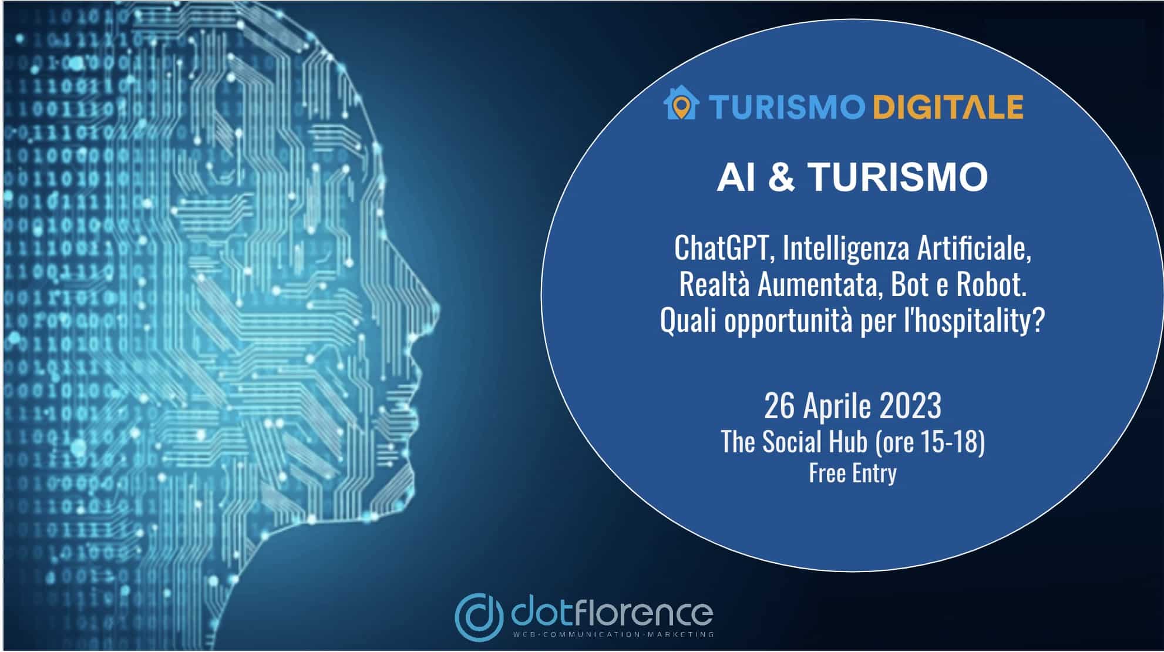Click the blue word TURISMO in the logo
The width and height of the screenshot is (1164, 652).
click(786, 107)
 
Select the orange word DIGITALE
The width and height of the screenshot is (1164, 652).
click(948, 107)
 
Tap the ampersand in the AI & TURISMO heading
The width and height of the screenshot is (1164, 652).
click(781, 176)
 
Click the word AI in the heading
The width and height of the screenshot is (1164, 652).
click(736, 176)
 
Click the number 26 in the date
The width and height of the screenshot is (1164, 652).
click(780, 405)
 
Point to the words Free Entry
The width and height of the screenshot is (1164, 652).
click(853, 473)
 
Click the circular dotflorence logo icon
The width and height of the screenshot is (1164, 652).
click(479, 616)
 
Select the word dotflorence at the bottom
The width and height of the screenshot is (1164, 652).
click(611, 613)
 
